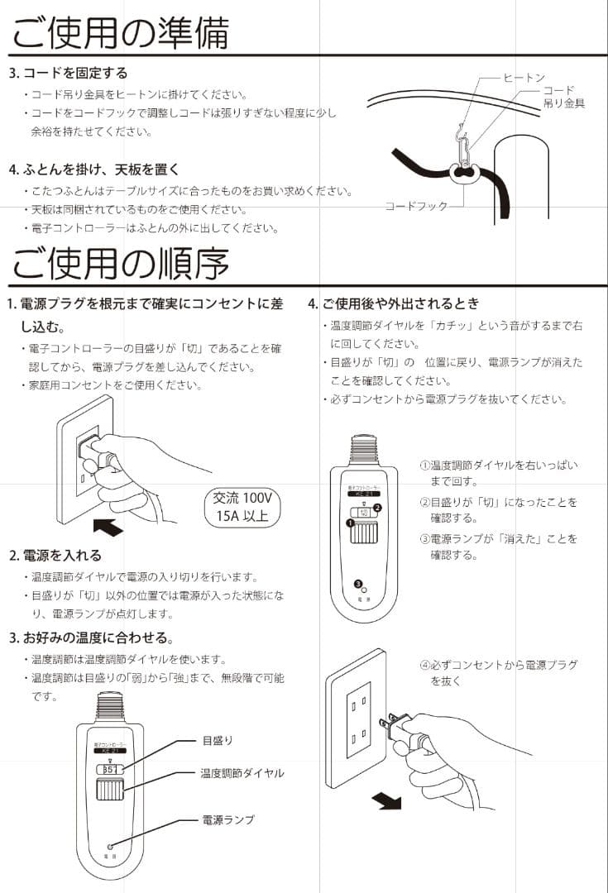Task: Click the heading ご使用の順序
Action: pyautogui.click(x=120, y=263)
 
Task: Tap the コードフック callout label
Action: pyautogui.click(x=415, y=205)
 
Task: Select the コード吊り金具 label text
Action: pyautogui.click(x=563, y=97)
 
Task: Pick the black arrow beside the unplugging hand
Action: pyautogui.click(x=385, y=800)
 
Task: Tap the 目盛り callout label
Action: pyautogui.click(x=218, y=739)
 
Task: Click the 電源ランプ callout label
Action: pyautogui.click(x=228, y=819)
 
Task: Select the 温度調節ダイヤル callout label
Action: pyautogui.click(x=242, y=773)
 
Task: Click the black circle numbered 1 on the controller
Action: pyautogui.click(x=351, y=523)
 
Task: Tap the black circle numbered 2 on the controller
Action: pyautogui.click(x=378, y=507)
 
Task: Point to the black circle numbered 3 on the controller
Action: pyautogui.click(x=357, y=584)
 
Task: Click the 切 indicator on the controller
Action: pyautogui.click(x=364, y=513)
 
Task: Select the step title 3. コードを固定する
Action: pyautogui.click(x=68, y=73)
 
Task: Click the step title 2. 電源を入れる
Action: pyautogui.click(x=55, y=555)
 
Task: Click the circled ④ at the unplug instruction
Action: pyautogui.click(x=424, y=665)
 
